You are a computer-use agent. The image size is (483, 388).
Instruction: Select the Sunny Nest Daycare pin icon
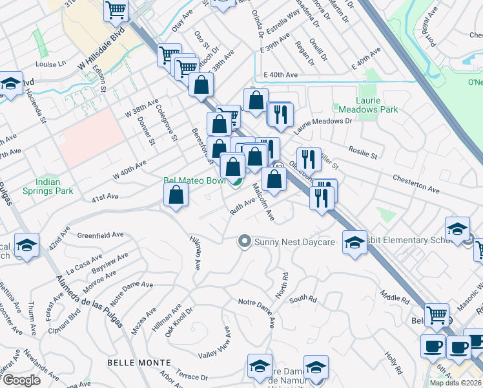(x=244, y=242)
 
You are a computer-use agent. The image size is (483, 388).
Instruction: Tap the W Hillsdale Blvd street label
(x=100, y=57)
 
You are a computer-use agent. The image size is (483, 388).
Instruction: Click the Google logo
(x=21, y=380)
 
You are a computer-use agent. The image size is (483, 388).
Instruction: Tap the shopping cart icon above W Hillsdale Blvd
(x=116, y=9)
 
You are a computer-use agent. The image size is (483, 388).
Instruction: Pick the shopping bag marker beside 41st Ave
(x=176, y=195)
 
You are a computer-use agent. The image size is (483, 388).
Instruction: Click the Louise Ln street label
(x=52, y=64)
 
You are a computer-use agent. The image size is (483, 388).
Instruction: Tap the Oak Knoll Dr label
(x=178, y=321)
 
